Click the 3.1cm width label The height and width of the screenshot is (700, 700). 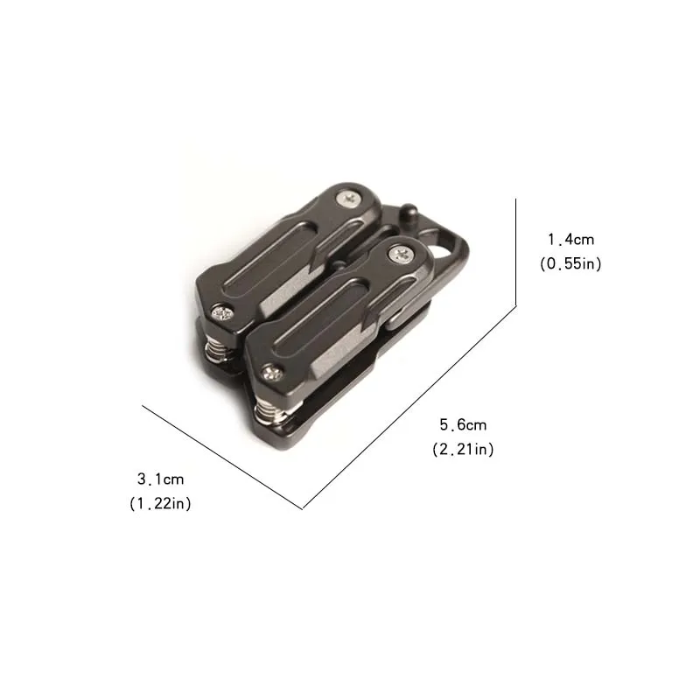point(161,479)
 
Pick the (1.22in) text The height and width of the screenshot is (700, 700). point(161,503)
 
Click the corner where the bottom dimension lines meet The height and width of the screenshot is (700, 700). point(303,508)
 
